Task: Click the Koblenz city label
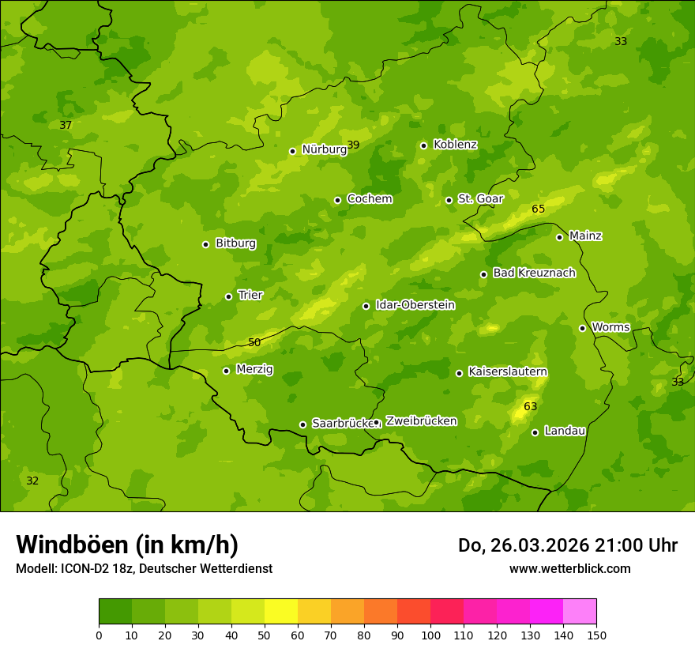tap(455, 145)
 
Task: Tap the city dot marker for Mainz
tap(559, 237)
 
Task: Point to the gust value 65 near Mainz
tap(538, 209)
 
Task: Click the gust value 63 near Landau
tap(530, 407)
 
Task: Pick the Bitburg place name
tap(235, 243)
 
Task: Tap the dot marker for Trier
tap(228, 296)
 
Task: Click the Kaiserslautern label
tap(508, 371)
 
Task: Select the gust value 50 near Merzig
tap(254, 343)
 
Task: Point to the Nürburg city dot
tap(292, 151)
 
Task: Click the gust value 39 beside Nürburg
tap(353, 145)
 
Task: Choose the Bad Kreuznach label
tap(534, 273)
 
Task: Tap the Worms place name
tap(610, 327)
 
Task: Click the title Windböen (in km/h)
tap(127, 545)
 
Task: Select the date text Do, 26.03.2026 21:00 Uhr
tap(567, 545)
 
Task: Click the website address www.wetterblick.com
tap(569, 569)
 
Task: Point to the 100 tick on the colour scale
tap(430, 635)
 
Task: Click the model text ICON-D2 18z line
tap(144, 569)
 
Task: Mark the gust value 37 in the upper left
tap(66, 126)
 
